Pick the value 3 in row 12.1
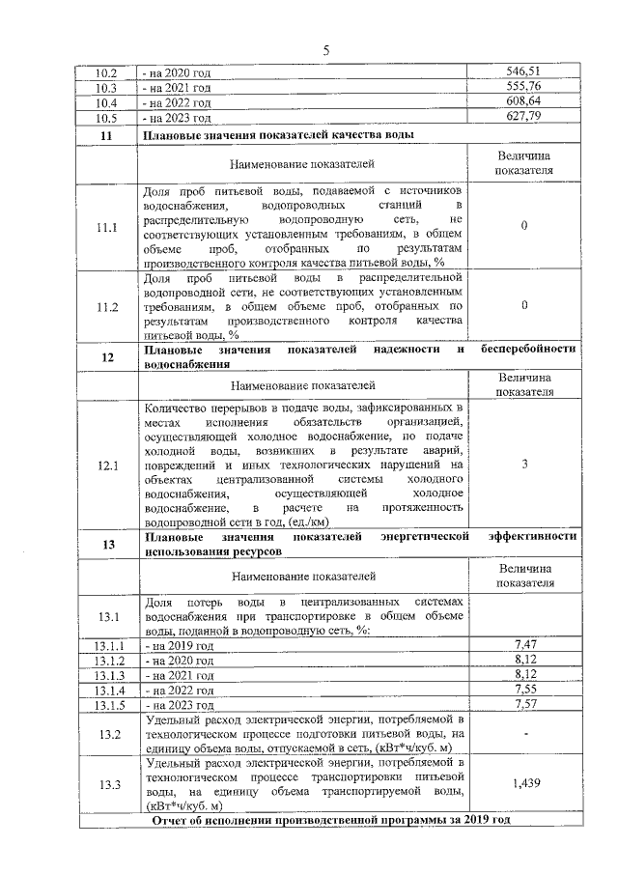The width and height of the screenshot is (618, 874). [523, 465]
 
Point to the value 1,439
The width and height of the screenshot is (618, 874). [523, 783]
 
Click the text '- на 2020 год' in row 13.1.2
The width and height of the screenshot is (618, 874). [178, 660]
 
